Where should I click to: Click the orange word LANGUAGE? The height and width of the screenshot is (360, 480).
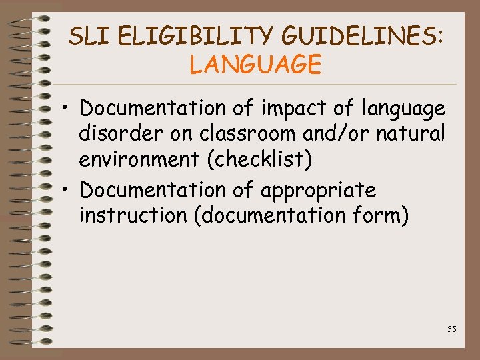point(255,65)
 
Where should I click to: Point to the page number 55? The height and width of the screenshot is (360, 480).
point(451,329)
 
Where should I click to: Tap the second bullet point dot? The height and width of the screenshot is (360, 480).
point(69,191)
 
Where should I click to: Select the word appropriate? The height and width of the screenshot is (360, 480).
point(318,191)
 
